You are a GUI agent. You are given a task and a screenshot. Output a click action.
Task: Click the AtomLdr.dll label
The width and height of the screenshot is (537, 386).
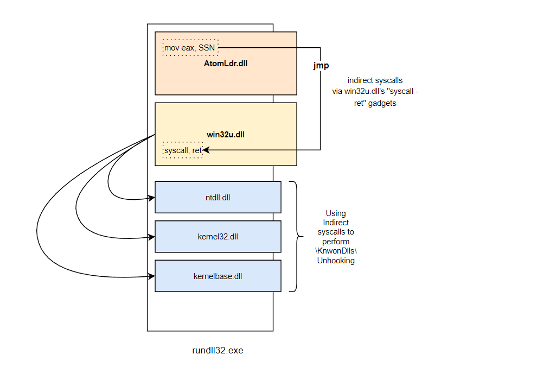coord(226,64)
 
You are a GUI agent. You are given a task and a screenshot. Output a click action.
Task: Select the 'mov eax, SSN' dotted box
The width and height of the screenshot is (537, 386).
coord(190,48)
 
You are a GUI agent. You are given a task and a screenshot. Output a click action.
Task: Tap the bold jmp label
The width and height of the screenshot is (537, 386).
coord(321,65)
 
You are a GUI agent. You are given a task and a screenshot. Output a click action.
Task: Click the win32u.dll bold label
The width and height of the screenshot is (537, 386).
coord(226,135)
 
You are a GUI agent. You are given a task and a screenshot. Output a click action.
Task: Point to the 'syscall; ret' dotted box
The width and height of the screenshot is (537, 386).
coord(183,150)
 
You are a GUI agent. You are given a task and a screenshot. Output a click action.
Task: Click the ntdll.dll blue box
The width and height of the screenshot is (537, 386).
coord(218,197)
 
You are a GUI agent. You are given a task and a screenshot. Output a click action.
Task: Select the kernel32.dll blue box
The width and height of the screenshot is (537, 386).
coord(218,237)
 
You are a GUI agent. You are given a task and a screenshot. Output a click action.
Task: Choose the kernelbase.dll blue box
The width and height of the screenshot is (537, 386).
coord(218,276)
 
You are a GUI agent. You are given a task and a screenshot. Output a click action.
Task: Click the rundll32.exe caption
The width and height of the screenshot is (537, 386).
coord(218,350)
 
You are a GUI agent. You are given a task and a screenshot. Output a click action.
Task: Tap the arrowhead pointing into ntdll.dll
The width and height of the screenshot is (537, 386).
coord(152,198)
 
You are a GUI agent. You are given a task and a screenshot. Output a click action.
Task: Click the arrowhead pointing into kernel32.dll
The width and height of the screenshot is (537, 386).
coord(152,237)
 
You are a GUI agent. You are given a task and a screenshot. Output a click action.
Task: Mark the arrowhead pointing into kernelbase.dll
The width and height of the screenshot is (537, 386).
coord(152,276)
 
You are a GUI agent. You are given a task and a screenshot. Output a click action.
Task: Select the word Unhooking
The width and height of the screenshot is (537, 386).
coord(336,260)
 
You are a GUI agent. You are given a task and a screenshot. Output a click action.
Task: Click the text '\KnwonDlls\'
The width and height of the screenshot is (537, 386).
coord(336,251)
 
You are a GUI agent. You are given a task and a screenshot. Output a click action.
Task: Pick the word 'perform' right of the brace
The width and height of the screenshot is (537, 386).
coord(336,241)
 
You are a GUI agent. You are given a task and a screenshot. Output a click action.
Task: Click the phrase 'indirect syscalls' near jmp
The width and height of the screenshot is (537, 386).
coord(375,80)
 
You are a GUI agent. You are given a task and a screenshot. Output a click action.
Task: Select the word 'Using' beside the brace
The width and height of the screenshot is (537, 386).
coord(336,213)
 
